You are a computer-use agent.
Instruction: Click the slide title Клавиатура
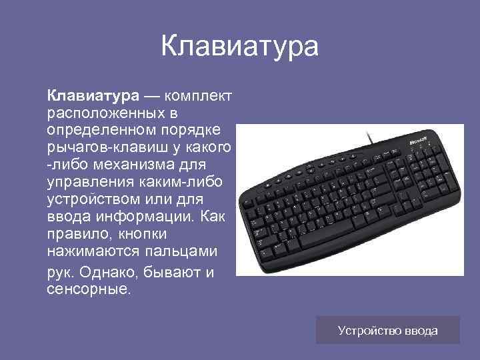[240, 47]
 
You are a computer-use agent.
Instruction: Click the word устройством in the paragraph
[90, 199]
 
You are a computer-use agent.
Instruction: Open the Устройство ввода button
[387, 330]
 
